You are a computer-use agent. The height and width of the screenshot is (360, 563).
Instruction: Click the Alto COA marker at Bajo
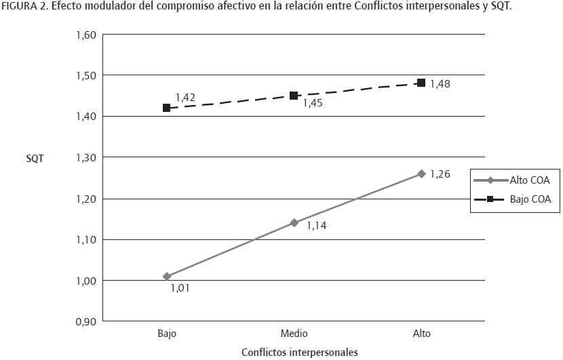(x=167, y=277)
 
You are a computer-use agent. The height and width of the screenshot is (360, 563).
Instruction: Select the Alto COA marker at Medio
(x=294, y=222)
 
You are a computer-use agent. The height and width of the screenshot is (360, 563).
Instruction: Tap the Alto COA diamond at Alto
(x=421, y=174)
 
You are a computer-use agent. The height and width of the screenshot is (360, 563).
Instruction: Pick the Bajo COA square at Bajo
(x=167, y=108)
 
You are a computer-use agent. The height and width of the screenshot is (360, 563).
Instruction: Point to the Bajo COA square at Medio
(x=294, y=96)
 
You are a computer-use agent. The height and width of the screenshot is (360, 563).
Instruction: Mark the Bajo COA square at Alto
(x=421, y=83)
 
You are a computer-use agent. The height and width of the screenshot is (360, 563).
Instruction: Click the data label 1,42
(x=185, y=98)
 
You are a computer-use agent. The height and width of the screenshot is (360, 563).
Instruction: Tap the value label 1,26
(x=440, y=174)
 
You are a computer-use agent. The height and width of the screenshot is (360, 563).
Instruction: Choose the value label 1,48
(x=440, y=84)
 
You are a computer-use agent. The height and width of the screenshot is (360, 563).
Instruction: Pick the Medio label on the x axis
(x=294, y=334)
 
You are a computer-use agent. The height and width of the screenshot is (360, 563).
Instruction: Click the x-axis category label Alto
(x=421, y=334)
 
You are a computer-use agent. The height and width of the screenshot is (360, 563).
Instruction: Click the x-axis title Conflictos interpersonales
(x=299, y=352)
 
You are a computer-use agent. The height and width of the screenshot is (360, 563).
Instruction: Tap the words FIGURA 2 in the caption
(x=22, y=7)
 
